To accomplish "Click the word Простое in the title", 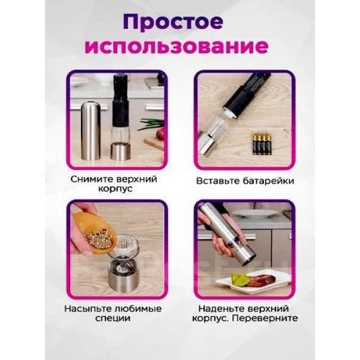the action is click(173, 22).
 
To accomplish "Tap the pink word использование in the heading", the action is click(176, 47).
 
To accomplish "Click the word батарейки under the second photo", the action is click(269, 181).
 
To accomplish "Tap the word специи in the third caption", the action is click(113, 319).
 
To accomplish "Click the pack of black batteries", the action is click(262, 144).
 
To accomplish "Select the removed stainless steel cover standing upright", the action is click(91, 131).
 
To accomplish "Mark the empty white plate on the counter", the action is click(253, 214).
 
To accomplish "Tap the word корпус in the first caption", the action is click(115, 189).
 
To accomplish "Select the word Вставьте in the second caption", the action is click(218, 181).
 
